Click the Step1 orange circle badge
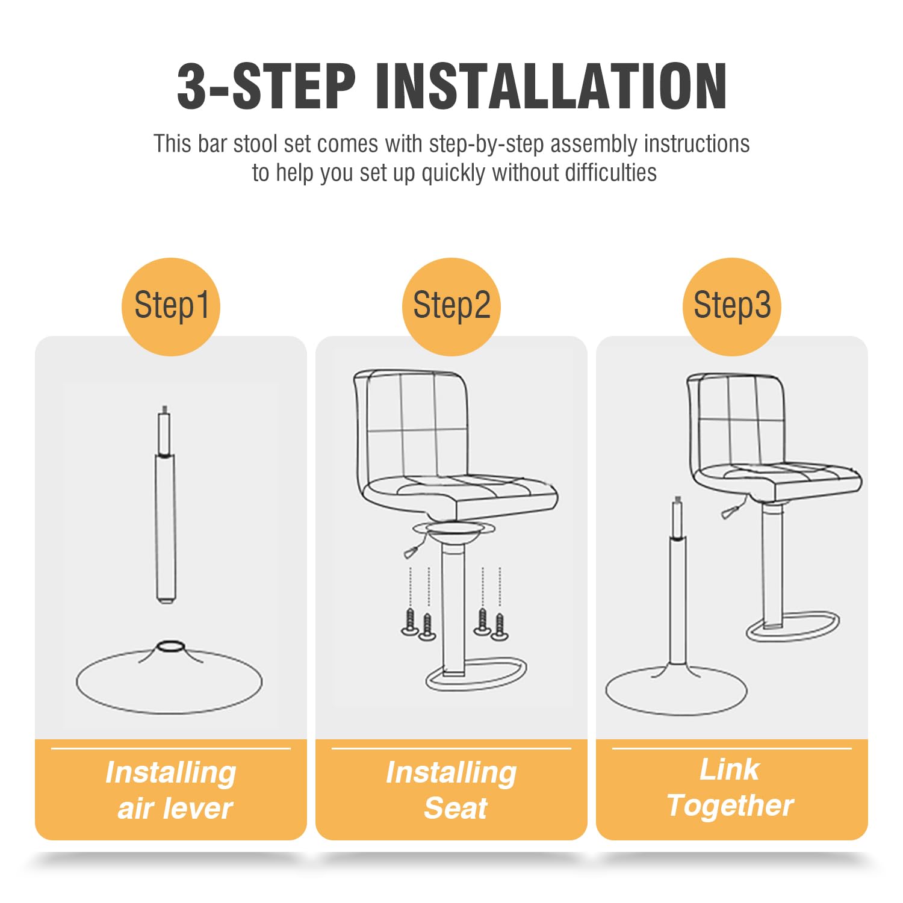[171, 306]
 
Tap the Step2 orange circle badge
[451, 306]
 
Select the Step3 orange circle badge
[732, 306]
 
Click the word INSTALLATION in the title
[551, 86]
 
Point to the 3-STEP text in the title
[266, 86]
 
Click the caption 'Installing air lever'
[172, 790]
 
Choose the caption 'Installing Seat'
[451, 790]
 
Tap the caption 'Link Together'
[731, 787]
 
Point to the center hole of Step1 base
[169, 645]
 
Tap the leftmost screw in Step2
[410, 622]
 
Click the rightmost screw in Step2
[500, 626]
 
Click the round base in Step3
[676, 690]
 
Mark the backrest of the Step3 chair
[736, 421]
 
